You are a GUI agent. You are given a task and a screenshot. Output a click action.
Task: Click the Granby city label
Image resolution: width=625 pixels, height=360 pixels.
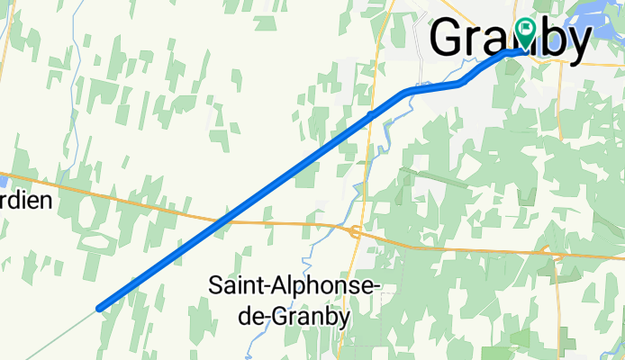(510, 40)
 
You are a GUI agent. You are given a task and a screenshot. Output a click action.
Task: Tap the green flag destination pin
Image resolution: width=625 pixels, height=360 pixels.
(524, 32)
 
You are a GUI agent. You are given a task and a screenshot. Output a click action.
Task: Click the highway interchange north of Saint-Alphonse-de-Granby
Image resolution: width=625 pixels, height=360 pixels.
(356, 232)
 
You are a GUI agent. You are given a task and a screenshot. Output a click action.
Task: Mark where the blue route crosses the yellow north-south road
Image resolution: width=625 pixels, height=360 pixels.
(370, 114)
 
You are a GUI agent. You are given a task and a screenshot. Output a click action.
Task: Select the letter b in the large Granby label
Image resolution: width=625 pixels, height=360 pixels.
(553, 40)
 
